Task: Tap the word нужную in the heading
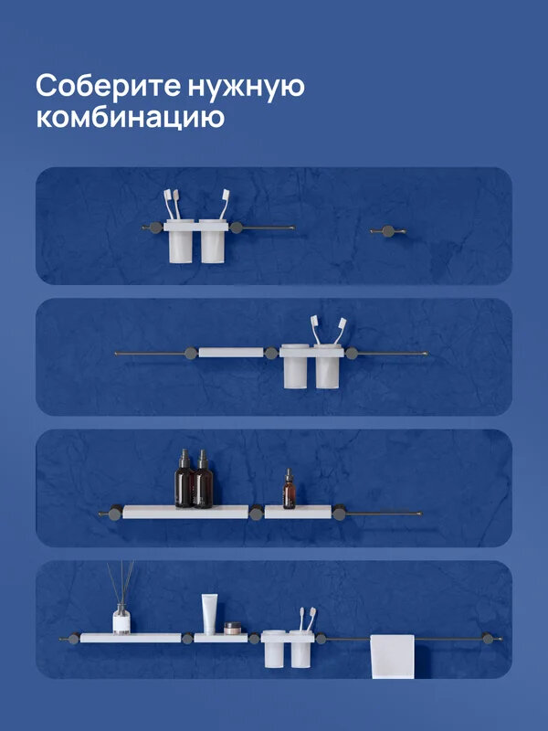pos(247,88)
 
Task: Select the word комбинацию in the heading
pos(130,118)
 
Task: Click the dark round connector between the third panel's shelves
pos(257,513)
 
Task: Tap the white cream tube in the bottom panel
pos(209,614)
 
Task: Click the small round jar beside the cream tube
pos(232,628)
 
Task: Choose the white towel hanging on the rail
pos(392,656)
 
